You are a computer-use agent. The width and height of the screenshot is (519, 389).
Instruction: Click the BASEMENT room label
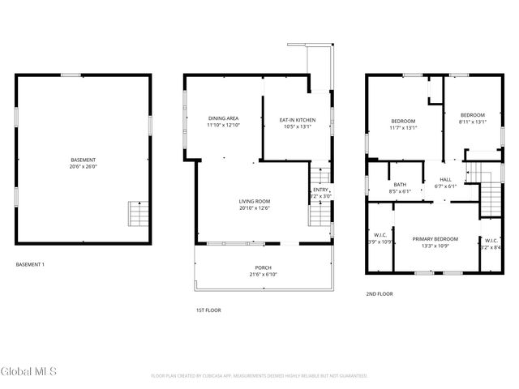(x=83, y=160)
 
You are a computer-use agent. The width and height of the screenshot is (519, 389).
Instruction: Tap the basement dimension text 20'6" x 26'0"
(x=83, y=167)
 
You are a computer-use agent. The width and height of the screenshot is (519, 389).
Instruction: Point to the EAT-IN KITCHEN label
(x=297, y=120)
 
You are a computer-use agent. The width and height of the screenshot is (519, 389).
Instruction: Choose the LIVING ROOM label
(x=254, y=201)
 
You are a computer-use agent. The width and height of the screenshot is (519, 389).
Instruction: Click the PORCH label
(x=263, y=267)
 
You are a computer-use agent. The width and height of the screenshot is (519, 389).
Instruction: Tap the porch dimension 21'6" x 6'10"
(x=263, y=275)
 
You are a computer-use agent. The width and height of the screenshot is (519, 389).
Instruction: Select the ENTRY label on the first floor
(x=320, y=190)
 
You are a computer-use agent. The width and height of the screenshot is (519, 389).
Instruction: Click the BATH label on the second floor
(x=401, y=184)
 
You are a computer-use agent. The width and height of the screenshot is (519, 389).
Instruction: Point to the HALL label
(x=446, y=179)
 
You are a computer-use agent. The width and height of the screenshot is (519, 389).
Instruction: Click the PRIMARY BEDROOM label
(x=435, y=239)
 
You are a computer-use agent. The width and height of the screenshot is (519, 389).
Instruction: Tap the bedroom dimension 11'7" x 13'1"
(x=403, y=128)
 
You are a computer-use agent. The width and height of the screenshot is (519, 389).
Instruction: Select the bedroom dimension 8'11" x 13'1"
(x=471, y=122)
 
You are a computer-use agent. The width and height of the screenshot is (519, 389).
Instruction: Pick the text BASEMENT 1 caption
(x=31, y=264)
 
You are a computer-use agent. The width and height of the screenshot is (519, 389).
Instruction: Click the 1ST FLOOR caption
(x=208, y=310)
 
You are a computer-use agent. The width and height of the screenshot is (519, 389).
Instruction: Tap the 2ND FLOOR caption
(x=380, y=293)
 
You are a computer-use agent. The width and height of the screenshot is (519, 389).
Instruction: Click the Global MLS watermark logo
(x=29, y=372)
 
